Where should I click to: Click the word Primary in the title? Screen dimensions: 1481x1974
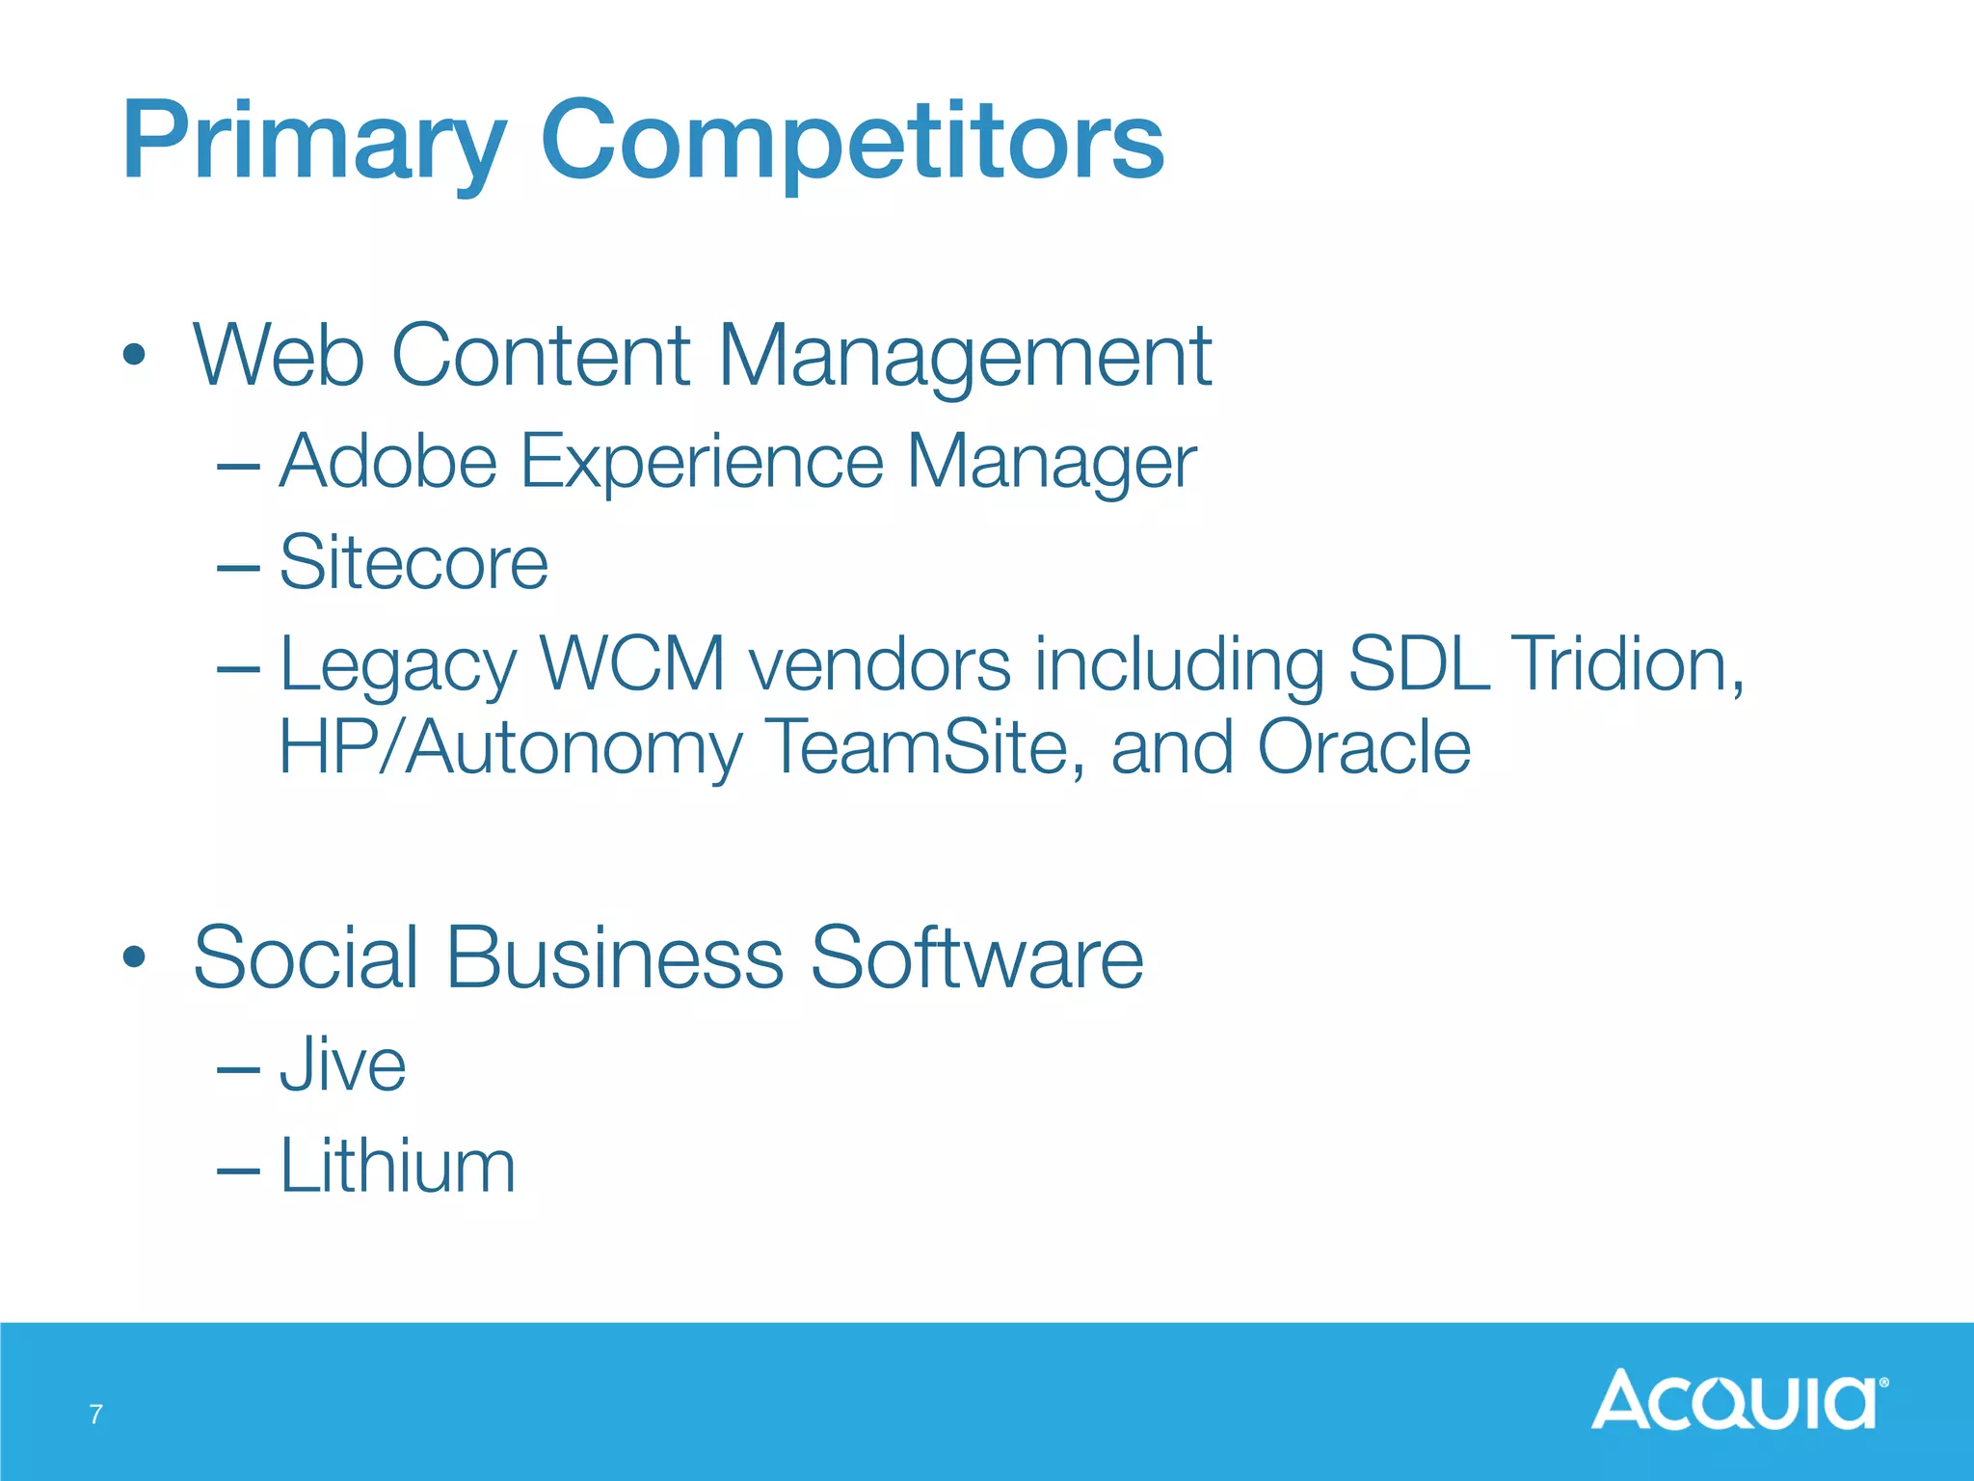(x=313, y=142)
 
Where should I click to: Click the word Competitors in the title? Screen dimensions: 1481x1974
(x=853, y=142)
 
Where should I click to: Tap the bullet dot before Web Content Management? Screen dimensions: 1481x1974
(x=135, y=355)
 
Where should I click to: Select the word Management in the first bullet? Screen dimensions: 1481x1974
(x=964, y=357)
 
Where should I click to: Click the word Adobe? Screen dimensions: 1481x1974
(x=388, y=461)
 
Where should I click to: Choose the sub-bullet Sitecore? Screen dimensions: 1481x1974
(x=413, y=563)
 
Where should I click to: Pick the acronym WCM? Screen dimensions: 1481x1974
(x=632, y=664)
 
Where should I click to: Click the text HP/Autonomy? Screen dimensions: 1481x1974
(x=511, y=748)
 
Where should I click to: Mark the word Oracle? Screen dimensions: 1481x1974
(x=1364, y=747)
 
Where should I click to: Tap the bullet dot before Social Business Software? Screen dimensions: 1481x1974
(x=135, y=957)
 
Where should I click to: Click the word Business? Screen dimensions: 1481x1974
(x=615, y=957)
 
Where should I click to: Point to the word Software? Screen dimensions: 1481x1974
(x=976, y=957)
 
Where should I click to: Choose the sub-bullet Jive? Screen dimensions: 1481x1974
(x=342, y=1065)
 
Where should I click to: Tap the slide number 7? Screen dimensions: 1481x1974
(x=95, y=1414)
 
